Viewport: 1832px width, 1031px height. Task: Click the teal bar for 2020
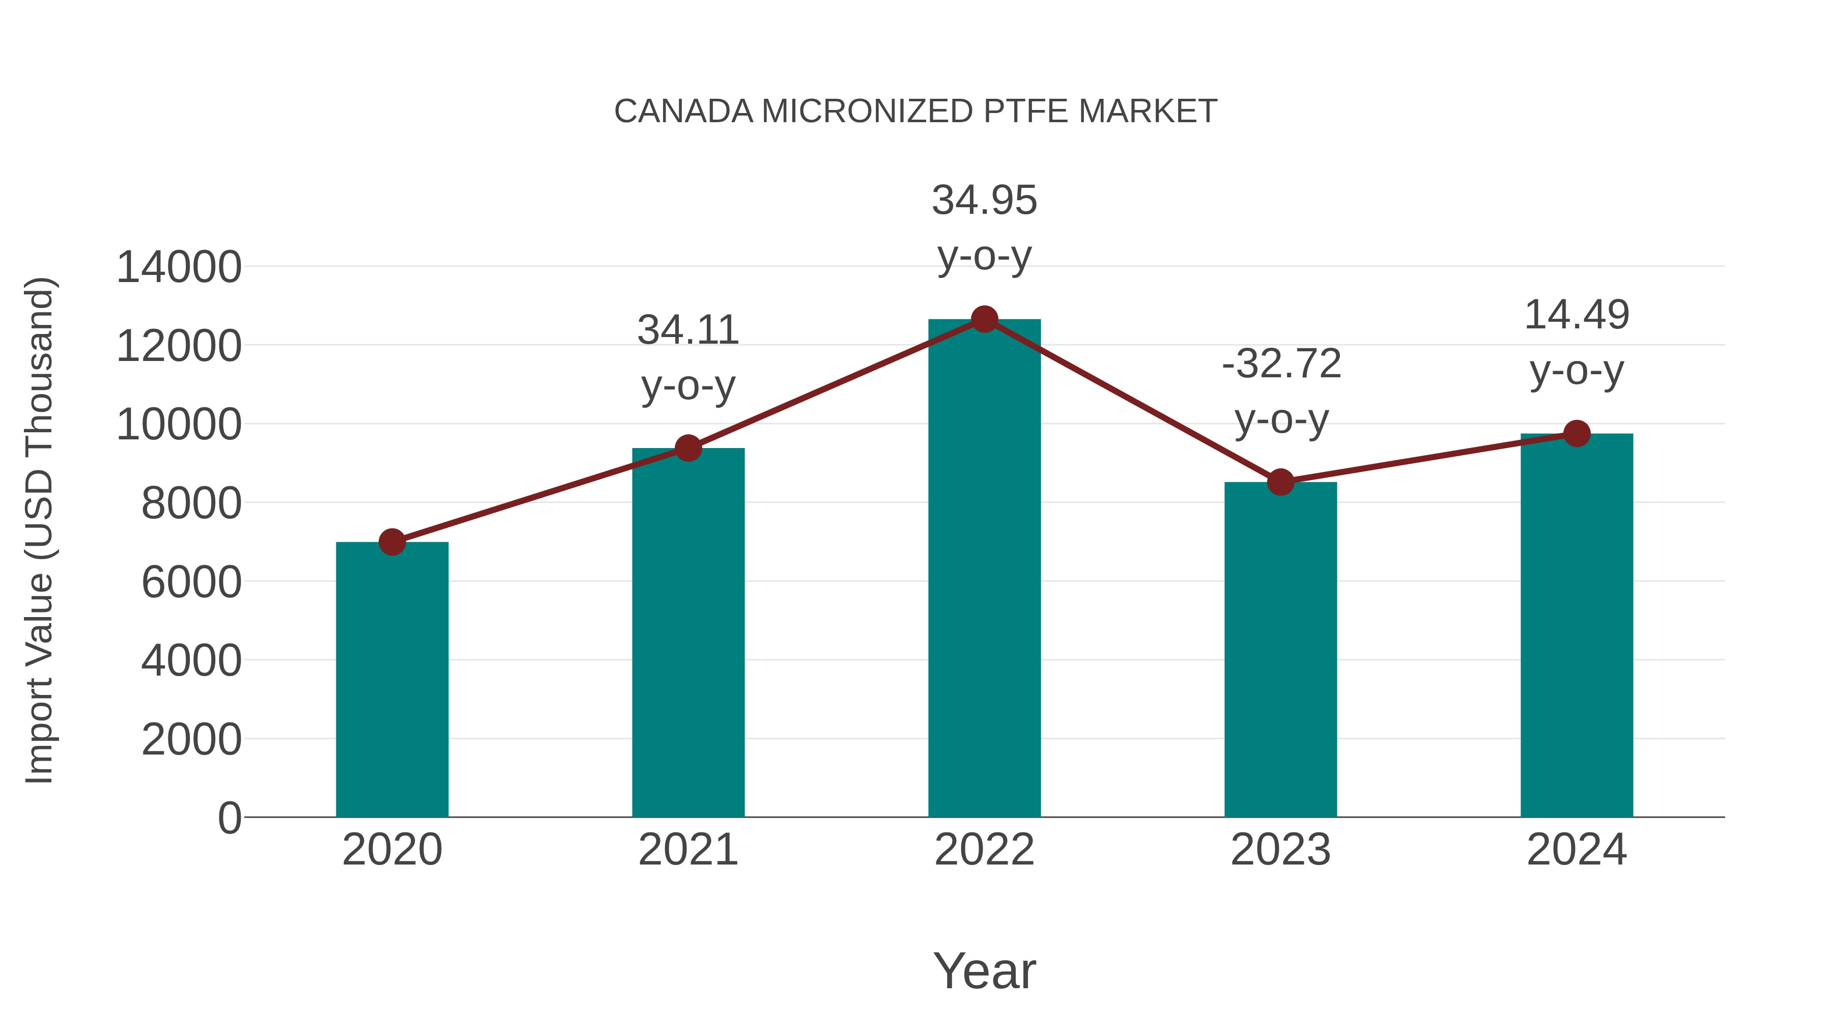[392, 680]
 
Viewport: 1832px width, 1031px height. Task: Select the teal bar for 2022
[984, 569]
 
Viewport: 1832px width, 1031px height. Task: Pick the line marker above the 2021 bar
[688, 448]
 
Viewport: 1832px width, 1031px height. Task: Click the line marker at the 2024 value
[1577, 433]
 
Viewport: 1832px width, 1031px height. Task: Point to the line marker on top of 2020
[392, 542]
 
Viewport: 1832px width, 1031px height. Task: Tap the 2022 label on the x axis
[984, 850]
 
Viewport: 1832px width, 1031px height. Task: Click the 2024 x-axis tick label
[1577, 850]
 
